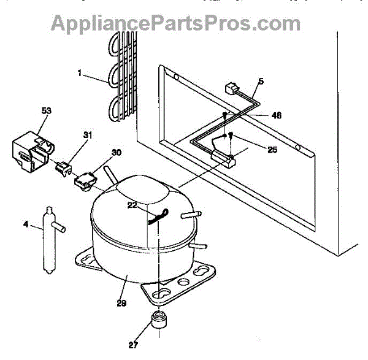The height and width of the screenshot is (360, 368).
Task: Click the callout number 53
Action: coord(46,111)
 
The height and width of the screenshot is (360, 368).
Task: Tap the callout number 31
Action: coord(88,135)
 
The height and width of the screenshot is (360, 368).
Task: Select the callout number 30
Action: coord(117,153)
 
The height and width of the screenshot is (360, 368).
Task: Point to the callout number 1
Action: coord(80,73)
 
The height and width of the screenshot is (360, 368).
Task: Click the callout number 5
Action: coord(261,81)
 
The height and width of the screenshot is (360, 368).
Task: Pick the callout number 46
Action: coord(276,115)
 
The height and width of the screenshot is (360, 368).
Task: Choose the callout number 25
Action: coord(272,150)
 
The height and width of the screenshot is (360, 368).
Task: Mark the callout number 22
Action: coord(132,205)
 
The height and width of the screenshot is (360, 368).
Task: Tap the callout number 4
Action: coord(26,224)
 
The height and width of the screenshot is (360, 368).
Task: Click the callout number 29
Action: coord(121,303)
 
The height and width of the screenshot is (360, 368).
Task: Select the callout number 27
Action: coord(133,345)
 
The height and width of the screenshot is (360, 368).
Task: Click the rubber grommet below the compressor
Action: coord(159,319)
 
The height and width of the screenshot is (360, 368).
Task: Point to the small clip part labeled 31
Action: coord(63,168)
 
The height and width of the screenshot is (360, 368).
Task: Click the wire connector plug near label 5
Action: coord(232,88)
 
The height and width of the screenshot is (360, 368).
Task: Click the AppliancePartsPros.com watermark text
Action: coord(175,23)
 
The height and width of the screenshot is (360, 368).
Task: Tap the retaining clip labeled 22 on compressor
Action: coord(158,216)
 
